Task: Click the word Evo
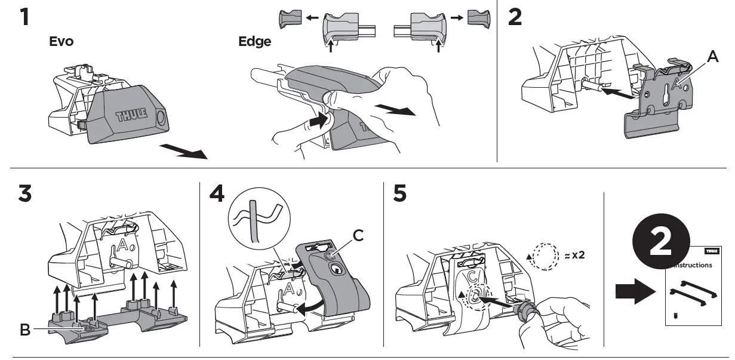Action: tap(61, 42)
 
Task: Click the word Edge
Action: tap(254, 42)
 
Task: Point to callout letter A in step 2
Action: tap(712, 57)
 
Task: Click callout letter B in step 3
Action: tap(24, 330)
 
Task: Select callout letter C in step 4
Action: tap(358, 236)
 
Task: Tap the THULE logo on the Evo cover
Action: tap(130, 115)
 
